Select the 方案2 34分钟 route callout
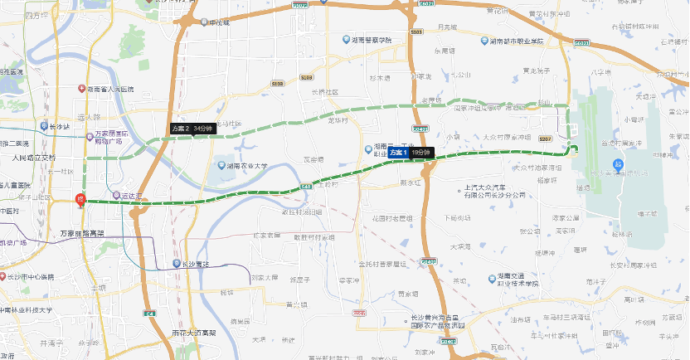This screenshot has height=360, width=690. [x=192, y=129]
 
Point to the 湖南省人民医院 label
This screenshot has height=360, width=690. [x=119, y=89]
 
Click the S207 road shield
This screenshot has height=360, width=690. [x=547, y=139]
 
